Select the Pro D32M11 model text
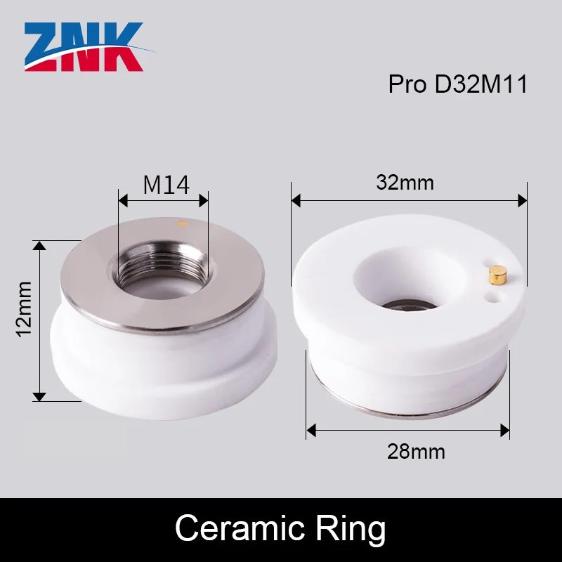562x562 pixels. coord(457,84)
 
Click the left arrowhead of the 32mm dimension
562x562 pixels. coord(296,202)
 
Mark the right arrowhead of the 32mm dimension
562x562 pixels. coord(523,202)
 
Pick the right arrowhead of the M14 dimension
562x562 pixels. coord(204,201)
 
